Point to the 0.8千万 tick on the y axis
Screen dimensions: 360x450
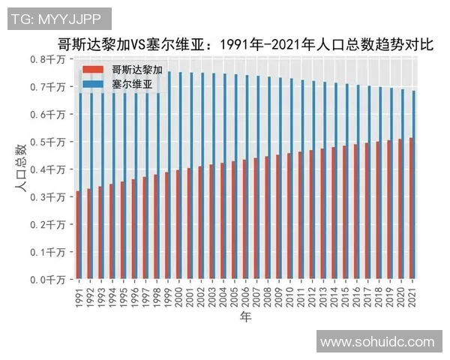coord(48,59)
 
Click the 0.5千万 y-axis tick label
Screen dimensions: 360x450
coord(48,142)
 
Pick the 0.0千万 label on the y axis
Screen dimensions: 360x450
coord(48,280)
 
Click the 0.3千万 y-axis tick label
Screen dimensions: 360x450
coord(48,197)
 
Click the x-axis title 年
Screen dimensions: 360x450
coord(245,318)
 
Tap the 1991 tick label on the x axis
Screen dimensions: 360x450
coord(79,295)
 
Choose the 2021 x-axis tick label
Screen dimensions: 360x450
coord(413,295)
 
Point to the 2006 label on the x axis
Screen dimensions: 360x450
coord(246,295)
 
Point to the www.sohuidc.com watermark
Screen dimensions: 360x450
coord(378,342)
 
